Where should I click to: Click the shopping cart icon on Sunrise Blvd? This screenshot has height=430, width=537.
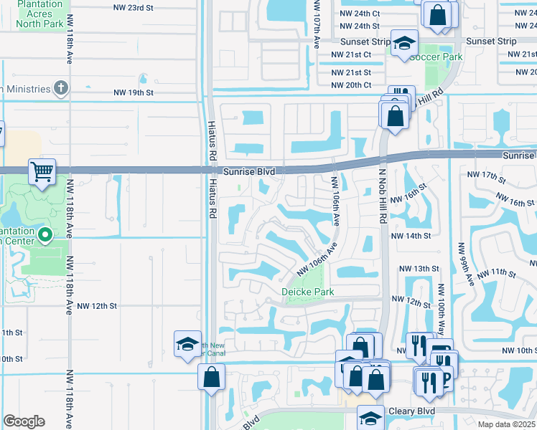tap(42, 171)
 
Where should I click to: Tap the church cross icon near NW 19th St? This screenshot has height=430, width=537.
tap(62, 88)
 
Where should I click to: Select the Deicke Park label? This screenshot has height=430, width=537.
tap(307, 292)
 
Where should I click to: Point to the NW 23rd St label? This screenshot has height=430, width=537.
tap(134, 7)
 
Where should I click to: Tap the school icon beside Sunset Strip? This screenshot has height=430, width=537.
tap(404, 42)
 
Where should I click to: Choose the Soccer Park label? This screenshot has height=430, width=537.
tap(436, 56)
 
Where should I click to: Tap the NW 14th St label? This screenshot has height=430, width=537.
tap(411, 235)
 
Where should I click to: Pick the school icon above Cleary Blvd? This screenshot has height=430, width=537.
tap(370, 417)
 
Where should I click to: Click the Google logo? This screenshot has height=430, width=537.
tap(24, 421)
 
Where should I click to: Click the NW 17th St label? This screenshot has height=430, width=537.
tap(482, 175)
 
